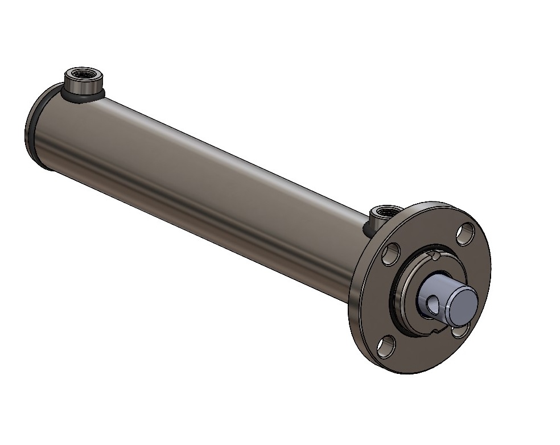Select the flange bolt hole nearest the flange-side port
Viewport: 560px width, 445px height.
click(x=390, y=255)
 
